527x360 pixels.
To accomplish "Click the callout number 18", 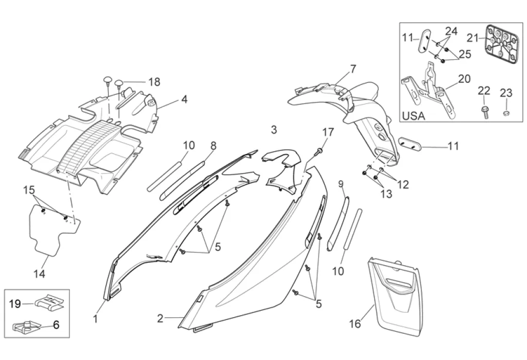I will coord(154,82).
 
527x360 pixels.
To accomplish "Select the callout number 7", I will coord(353,68).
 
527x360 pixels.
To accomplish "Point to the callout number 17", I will coord(328,132).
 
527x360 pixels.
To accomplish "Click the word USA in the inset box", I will coord(413,116).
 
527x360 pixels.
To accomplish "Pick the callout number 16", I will coord(355,324).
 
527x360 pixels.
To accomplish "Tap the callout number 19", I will coord(15,304).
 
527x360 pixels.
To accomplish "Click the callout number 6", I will coord(56,324).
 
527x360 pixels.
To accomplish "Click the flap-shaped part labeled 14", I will coord(51,229).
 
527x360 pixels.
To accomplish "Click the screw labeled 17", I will coord(320,150).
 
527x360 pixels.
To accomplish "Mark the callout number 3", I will coord(274,129).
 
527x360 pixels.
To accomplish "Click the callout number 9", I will coord(341,184).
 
